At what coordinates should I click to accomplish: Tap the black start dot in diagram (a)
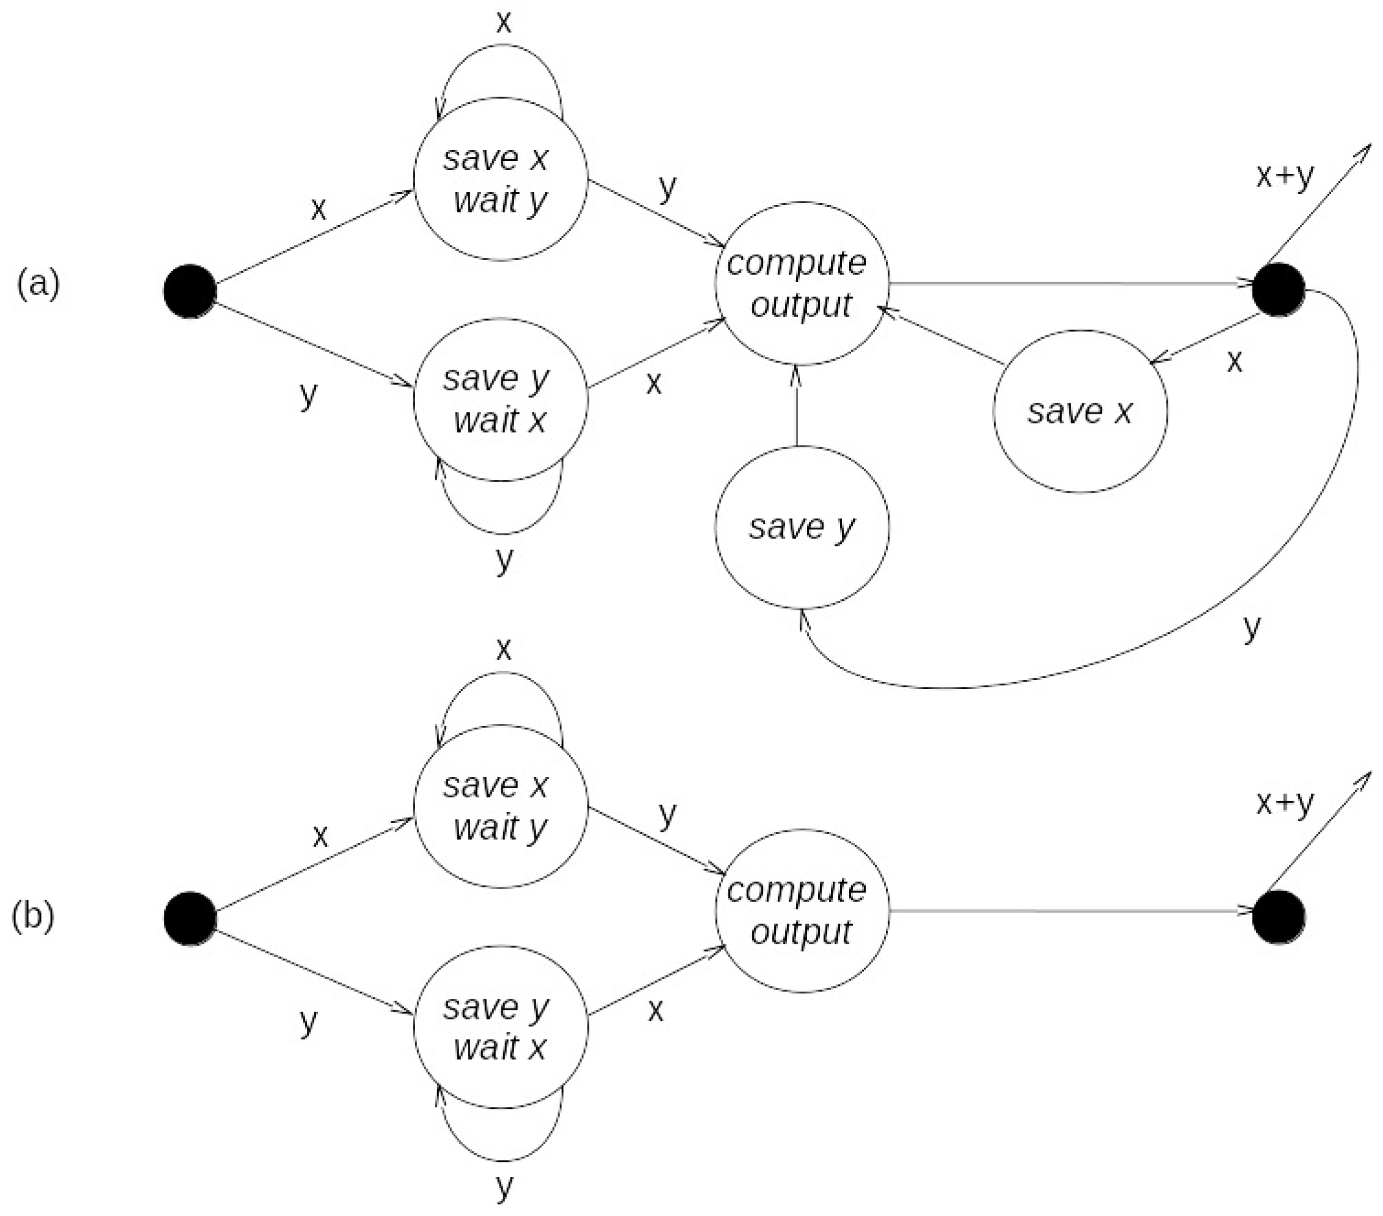click(190, 291)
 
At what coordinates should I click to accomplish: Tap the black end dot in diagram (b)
click(1278, 917)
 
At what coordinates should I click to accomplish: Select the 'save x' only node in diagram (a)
click(1080, 411)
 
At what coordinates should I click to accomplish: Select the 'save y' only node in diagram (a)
click(802, 527)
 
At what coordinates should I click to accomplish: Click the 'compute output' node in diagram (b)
click(802, 911)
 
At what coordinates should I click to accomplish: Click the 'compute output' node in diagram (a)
click(802, 283)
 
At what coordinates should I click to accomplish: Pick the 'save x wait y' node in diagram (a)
click(500, 179)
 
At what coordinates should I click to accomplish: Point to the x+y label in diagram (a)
click(1284, 176)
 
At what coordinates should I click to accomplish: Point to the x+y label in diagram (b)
click(1284, 802)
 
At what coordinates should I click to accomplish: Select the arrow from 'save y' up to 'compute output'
click(797, 406)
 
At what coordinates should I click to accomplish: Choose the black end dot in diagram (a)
click(1278, 290)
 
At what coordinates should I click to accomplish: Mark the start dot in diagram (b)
click(190, 917)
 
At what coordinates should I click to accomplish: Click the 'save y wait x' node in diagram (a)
click(500, 400)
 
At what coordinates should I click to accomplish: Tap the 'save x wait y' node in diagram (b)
click(500, 806)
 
